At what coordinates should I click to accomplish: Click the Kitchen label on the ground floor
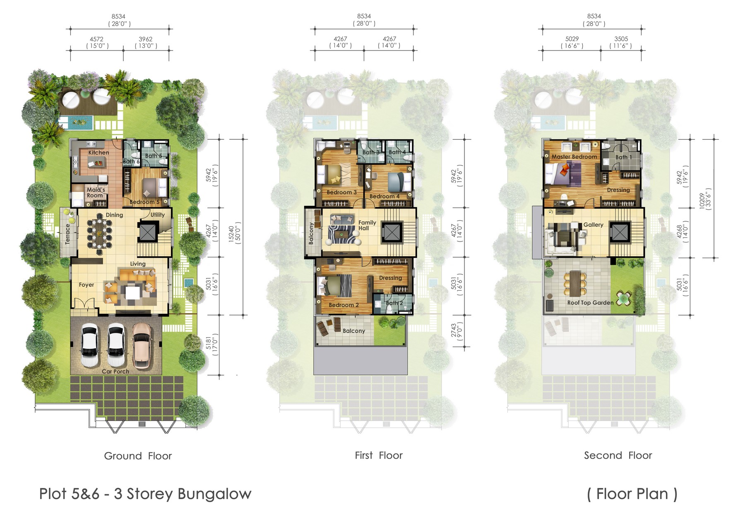[x=99, y=153]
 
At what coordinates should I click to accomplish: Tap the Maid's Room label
[x=96, y=193]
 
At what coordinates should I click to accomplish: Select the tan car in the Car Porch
[x=142, y=345]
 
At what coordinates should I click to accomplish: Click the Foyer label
[x=87, y=285]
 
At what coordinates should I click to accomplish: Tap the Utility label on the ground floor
[x=157, y=215]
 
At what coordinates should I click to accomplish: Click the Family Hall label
[x=367, y=225]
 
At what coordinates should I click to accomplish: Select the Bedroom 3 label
[x=341, y=192]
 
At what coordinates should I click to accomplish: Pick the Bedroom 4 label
[x=385, y=196]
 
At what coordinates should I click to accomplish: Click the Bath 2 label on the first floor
[x=394, y=303]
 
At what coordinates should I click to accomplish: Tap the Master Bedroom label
[x=574, y=157]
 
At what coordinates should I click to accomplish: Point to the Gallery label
[x=593, y=225]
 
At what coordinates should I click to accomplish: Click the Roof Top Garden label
[x=590, y=303]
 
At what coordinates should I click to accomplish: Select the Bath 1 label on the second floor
[x=623, y=157]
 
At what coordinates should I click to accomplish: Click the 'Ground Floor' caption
[x=138, y=456]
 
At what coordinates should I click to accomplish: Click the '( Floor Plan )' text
[x=632, y=494]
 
